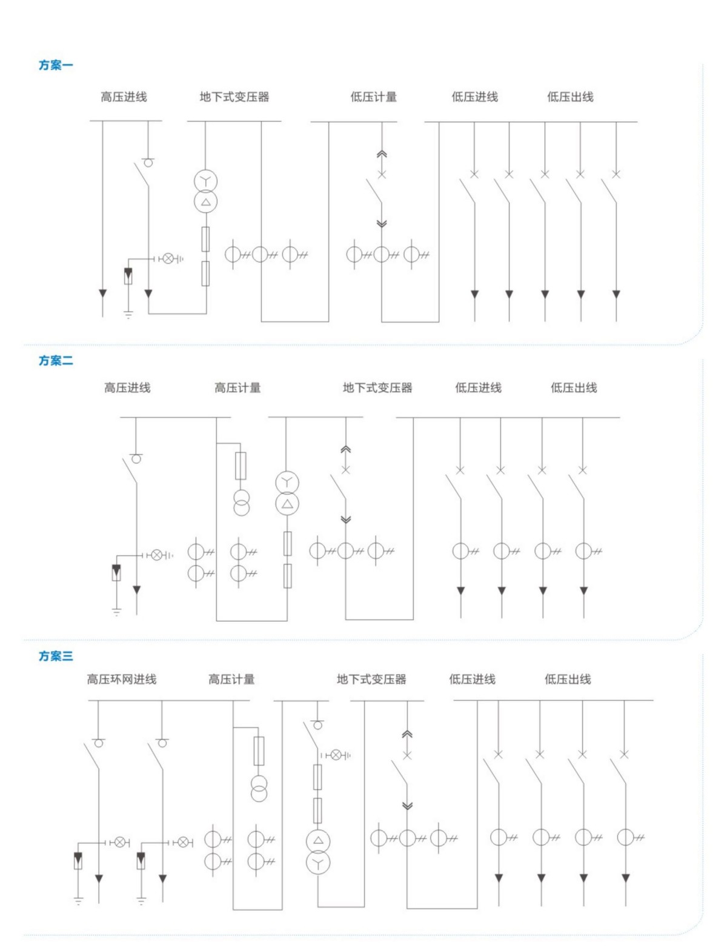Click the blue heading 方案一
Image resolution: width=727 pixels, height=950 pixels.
(x=56, y=65)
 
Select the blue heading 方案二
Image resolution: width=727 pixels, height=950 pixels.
(x=56, y=361)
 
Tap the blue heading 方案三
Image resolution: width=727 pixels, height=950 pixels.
(x=56, y=656)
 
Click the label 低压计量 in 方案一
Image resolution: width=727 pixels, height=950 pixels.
(x=373, y=97)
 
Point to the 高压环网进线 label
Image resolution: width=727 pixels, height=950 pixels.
(x=121, y=679)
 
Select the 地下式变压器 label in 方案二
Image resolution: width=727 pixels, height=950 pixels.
(x=377, y=388)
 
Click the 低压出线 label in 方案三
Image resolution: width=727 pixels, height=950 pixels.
(x=568, y=679)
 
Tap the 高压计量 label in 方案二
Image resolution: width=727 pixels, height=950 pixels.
(x=237, y=388)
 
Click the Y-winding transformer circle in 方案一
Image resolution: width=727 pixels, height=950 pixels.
(x=205, y=181)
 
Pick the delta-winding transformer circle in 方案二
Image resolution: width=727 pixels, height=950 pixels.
(x=287, y=504)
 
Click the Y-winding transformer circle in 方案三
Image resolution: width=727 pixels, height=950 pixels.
(x=318, y=861)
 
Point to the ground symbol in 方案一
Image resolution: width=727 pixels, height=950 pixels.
(x=128, y=314)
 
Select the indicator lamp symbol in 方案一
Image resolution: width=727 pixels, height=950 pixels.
(x=168, y=259)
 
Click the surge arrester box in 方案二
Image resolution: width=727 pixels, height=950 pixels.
(x=116, y=572)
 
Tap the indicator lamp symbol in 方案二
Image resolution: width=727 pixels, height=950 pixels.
(x=156, y=555)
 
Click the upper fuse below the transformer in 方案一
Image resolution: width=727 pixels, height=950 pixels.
(x=205, y=239)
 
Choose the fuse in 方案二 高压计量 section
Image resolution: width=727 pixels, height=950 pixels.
(x=241, y=466)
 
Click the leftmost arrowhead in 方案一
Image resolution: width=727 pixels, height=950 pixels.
(x=102, y=294)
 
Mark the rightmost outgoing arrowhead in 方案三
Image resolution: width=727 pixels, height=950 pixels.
(x=625, y=878)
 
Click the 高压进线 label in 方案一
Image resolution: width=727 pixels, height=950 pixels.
(x=124, y=97)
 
